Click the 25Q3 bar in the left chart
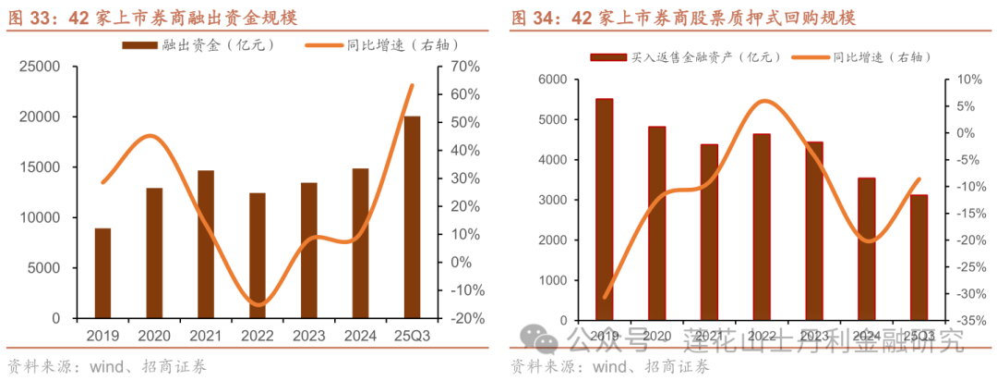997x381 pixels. (x=412, y=217)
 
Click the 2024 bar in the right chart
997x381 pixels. (x=867, y=249)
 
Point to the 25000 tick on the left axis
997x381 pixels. (x=42, y=67)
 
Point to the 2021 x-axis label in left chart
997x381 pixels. (x=206, y=336)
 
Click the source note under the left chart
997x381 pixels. (x=106, y=366)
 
